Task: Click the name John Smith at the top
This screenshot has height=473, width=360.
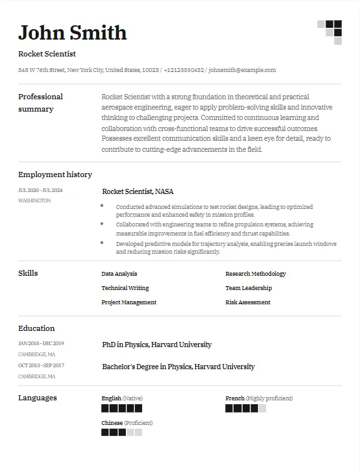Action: (72, 32)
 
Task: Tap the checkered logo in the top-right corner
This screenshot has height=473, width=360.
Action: (330, 32)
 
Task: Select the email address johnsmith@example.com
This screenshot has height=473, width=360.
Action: (242, 70)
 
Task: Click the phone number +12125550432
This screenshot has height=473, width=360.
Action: (184, 70)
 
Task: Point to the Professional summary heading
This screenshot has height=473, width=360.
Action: (40, 103)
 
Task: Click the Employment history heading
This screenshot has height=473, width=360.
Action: (55, 175)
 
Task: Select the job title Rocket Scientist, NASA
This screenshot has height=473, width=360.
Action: (138, 191)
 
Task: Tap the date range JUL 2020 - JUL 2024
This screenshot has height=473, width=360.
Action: (40, 190)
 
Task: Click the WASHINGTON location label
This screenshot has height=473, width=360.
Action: (34, 200)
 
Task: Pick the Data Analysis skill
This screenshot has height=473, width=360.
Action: (119, 274)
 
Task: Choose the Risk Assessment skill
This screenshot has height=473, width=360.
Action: (248, 302)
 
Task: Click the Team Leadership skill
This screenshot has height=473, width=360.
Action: (248, 288)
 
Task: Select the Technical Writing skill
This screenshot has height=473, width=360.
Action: (125, 288)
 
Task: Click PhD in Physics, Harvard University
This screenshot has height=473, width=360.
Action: (157, 345)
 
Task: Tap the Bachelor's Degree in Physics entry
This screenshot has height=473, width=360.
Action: (178, 367)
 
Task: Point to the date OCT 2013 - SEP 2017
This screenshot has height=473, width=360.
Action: (41, 365)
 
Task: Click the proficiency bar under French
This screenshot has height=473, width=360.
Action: (245, 408)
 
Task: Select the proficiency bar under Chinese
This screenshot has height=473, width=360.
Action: (121, 432)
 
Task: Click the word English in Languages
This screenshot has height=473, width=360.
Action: (112, 398)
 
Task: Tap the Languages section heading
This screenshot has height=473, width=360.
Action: (38, 398)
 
